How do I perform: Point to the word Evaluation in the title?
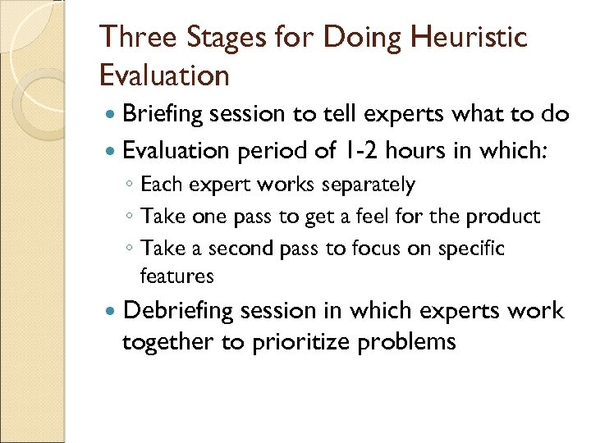click(164, 75)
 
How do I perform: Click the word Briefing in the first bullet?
click(161, 115)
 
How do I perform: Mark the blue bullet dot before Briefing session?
click(111, 116)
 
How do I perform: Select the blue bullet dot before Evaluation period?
click(111, 151)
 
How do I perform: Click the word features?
click(176, 276)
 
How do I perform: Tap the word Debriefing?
click(177, 312)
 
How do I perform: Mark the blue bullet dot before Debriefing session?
click(111, 312)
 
